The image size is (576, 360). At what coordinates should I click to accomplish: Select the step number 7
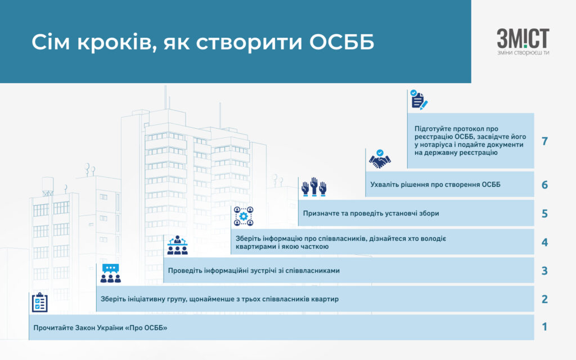(x=544, y=141)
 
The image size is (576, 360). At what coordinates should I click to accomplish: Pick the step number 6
(x=544, y=184)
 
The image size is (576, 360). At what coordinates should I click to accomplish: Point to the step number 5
(x=544, y=213)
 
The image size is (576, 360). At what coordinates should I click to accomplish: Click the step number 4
(x=544, y=242)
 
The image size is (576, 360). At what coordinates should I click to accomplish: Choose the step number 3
(x=544, y=271)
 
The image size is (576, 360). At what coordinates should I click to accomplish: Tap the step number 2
(x=544, y=299)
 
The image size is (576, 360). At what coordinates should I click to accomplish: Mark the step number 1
(x=544, y=327)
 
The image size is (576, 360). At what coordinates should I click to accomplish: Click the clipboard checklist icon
(x=40, y=302)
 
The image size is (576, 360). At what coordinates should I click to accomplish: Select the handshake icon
(x=380, y=159)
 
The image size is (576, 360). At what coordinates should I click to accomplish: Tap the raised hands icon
(x=314, y=187)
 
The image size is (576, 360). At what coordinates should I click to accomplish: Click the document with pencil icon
(x=418, y=100)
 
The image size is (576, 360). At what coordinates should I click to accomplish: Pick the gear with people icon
(x=244, y=216)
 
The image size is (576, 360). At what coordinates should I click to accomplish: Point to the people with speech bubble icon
(x=111, y=273)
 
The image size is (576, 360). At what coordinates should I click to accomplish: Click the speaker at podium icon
(x=177, y=245)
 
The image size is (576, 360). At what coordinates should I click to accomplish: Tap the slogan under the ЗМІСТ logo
(x=523, y=53)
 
